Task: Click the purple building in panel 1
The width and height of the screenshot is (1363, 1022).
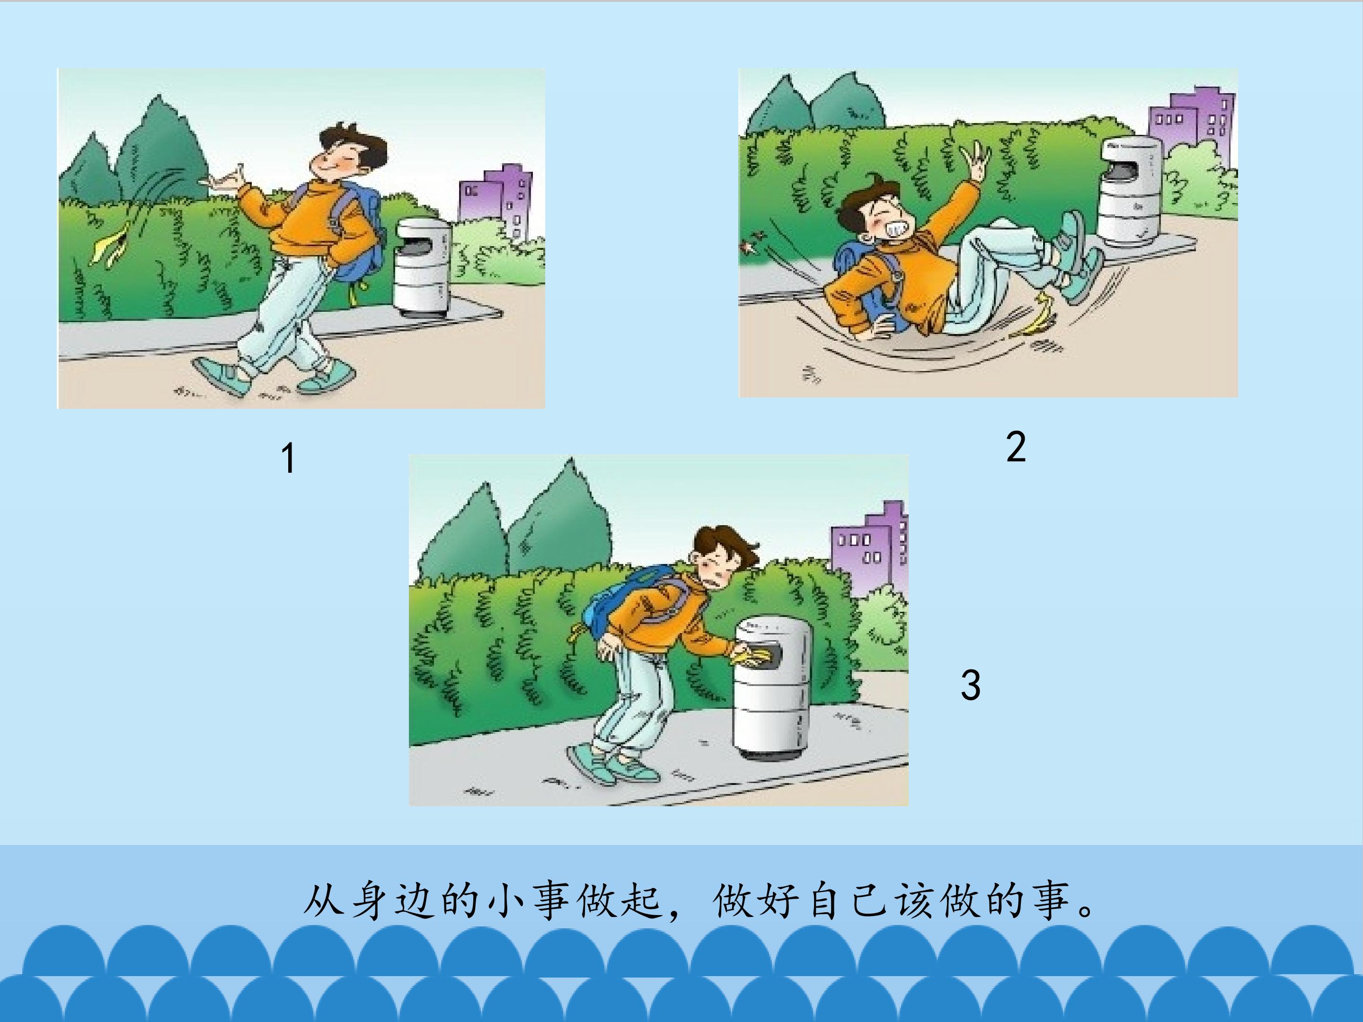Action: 496,200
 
